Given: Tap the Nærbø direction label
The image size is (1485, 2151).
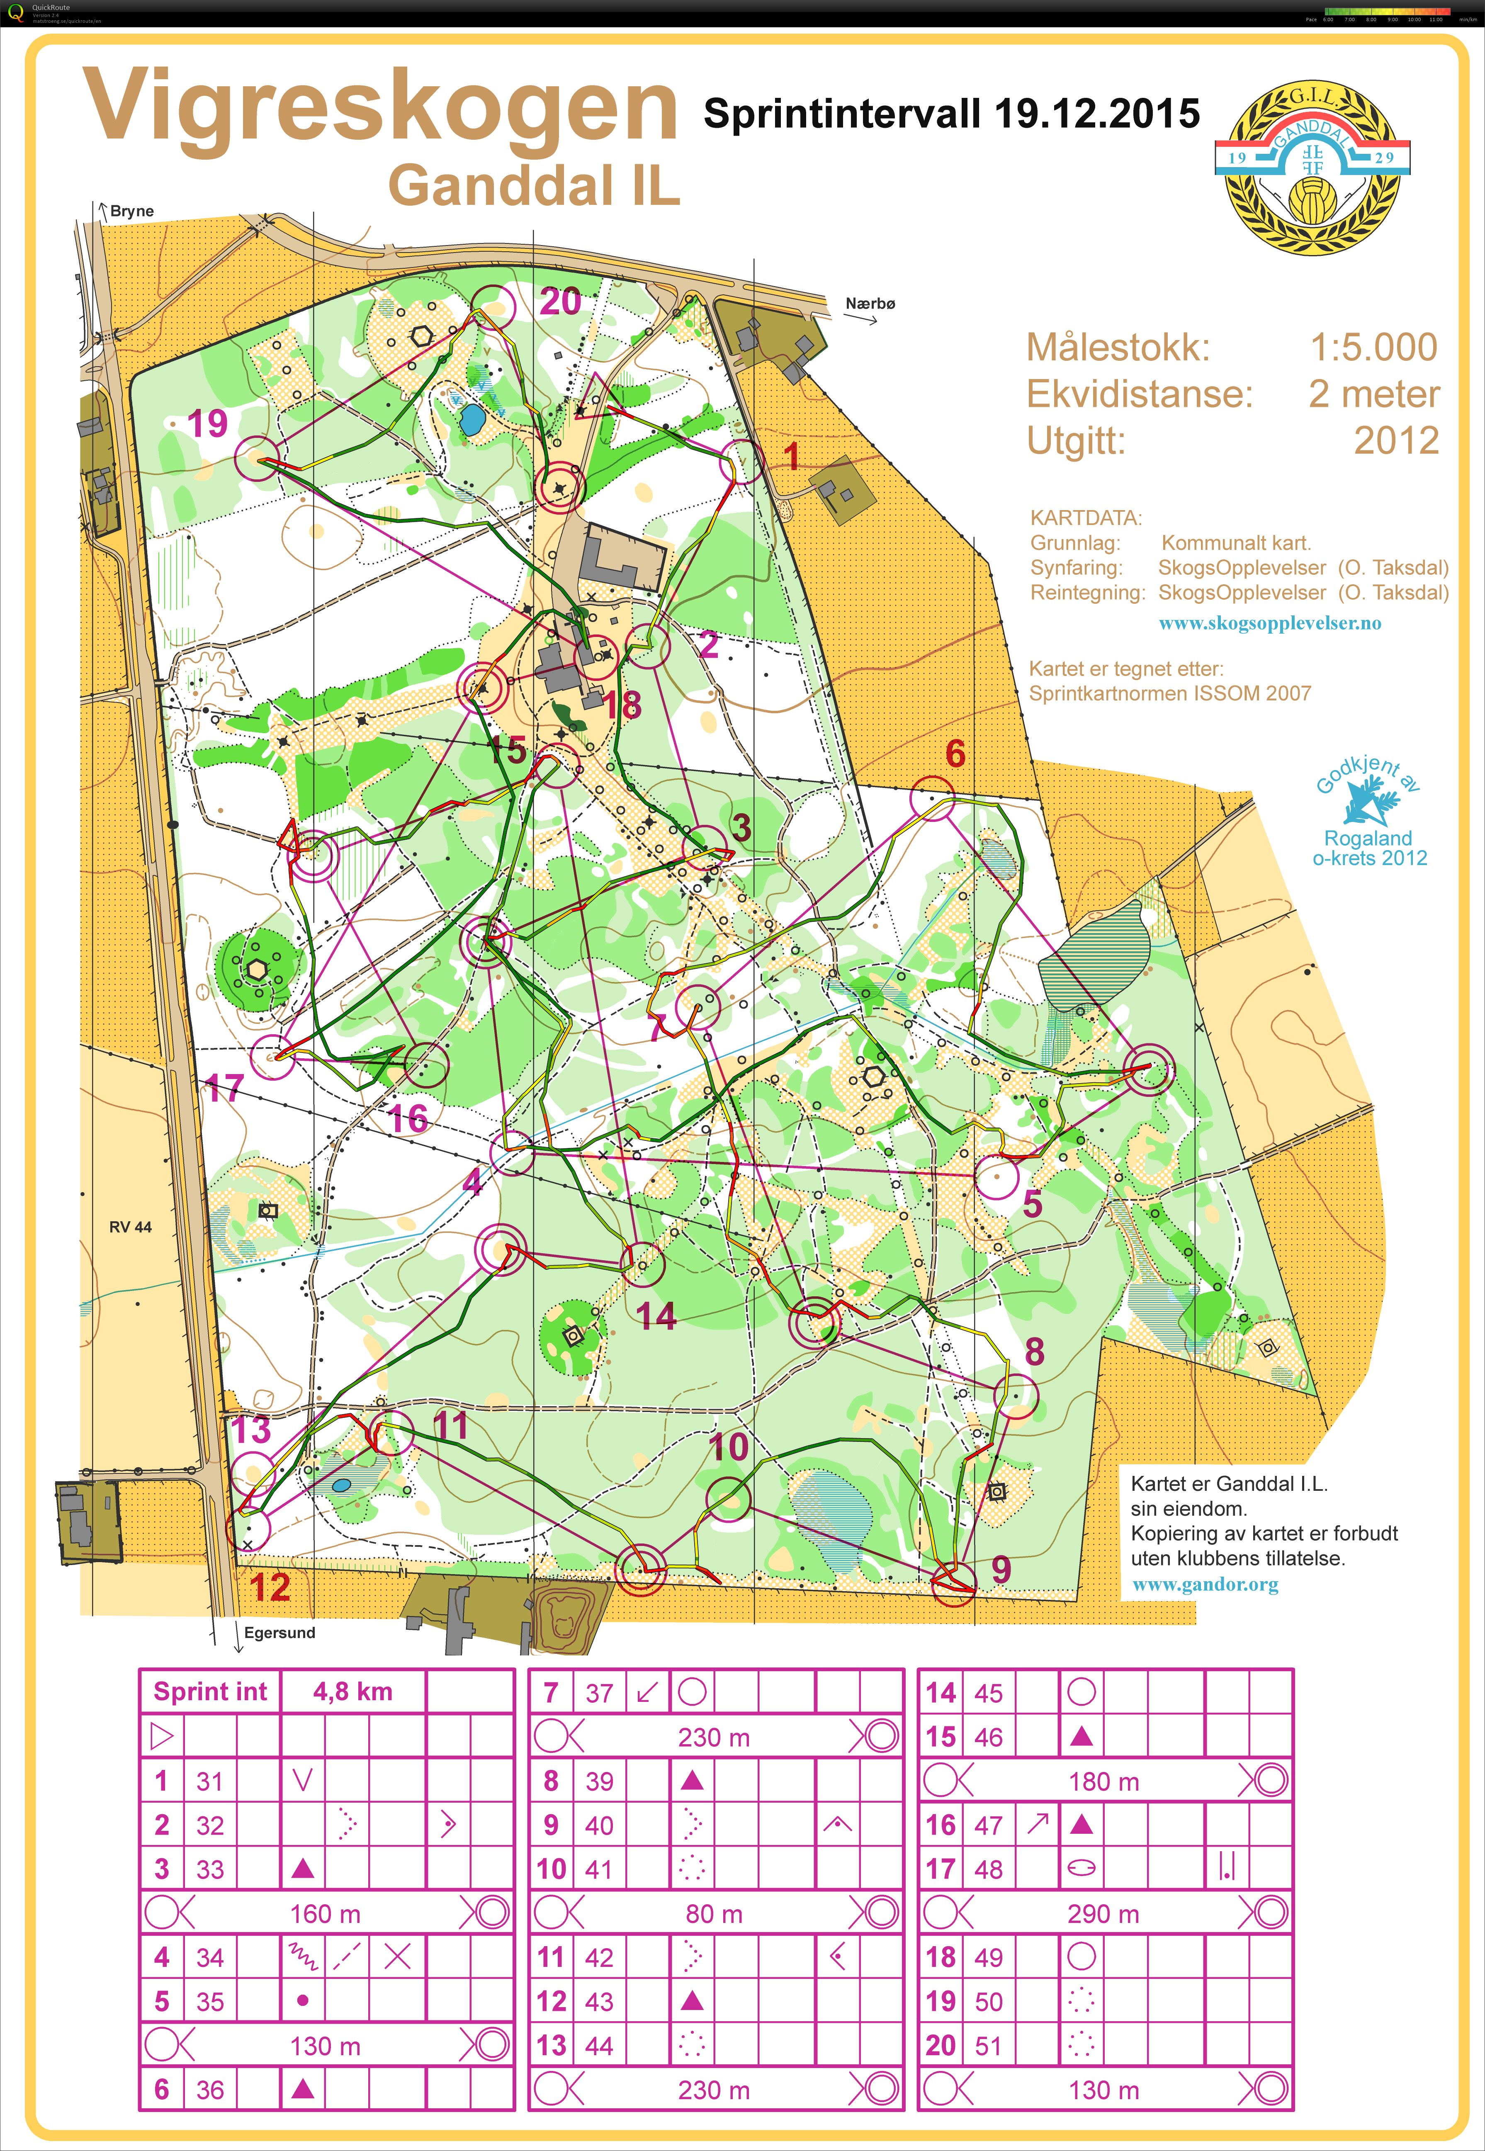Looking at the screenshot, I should (x=870, y=303).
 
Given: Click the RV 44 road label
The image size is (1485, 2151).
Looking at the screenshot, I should (x=130, y=1226).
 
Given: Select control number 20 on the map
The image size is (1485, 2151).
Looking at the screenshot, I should (x=560, y=301).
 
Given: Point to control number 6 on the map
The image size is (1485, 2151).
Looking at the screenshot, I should (x=955, y=753).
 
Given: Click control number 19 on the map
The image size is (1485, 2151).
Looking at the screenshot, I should (x=207, y=423).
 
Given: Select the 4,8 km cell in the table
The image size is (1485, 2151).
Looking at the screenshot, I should (x=352, y=1692).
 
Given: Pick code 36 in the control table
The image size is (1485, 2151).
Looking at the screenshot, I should (x=209, y=2090).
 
